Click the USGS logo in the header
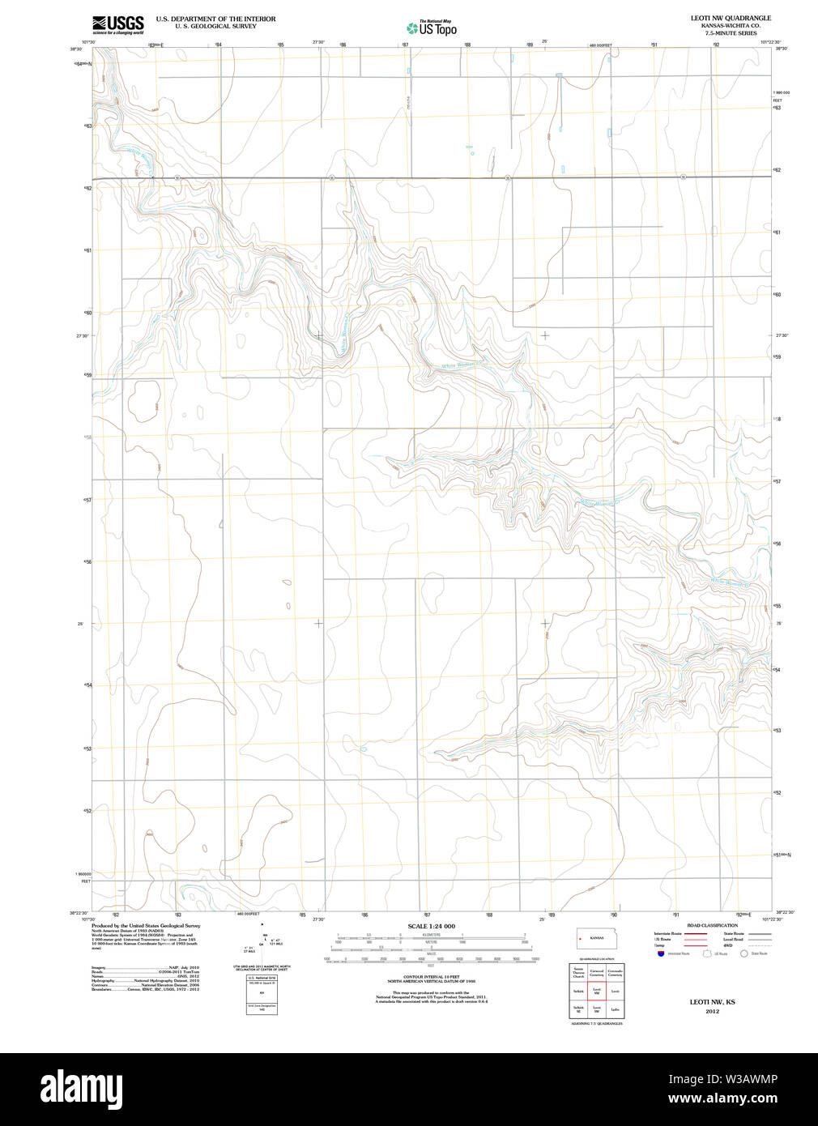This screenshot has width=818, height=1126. pyautogui.click(x=118, y=24)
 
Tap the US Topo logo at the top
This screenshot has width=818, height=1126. pyautogui.click(x=432, y=28)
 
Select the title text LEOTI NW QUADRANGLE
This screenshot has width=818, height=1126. pyautogui.click(x=731, y=18)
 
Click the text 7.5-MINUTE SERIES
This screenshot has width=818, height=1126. pyautogui.click(x=731, y=33)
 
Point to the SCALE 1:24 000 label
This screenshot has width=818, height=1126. pyautogui.click(x=431, y=926)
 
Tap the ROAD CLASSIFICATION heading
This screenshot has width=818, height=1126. pyautogui.click(x=712, y=925)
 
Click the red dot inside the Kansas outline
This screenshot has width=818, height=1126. pyautogui.click(x=581, y=939)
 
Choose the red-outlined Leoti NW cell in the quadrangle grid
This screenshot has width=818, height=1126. pyautogui.click(x=597, y=991)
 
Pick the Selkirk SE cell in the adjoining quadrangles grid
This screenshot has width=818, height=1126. pyautogui.click(x=578, y=1009)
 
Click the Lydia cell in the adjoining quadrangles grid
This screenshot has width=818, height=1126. pyautogui.click(x=616, y=1009)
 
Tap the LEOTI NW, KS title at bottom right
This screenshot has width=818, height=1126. pyautogui.click(x=712, y=1002)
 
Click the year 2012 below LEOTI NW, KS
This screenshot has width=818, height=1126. pyautogui.click(x=712, y=1011)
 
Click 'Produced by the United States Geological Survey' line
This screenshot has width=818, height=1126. pyautogui.click(x=146, y=925)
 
